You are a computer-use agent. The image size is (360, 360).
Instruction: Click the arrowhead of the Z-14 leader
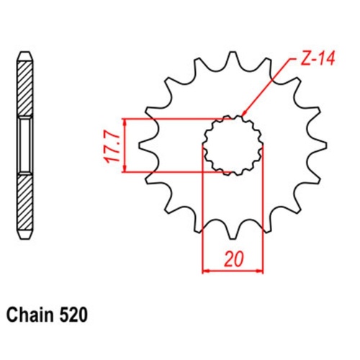pos(245,115)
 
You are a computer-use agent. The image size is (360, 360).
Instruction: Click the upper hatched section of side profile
pos(24,90)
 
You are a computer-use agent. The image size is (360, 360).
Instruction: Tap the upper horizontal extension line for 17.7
pos(173,119)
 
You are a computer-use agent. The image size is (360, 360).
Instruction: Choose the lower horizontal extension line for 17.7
pos(173,172)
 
